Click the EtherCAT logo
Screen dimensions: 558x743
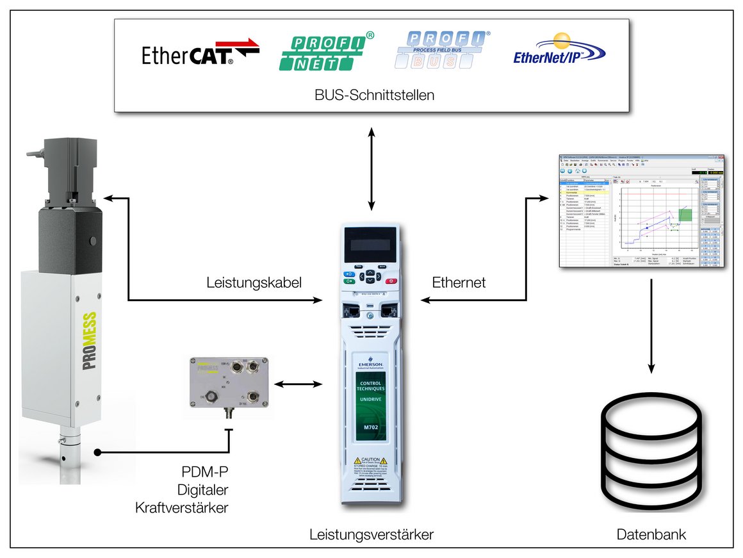coord(200,54)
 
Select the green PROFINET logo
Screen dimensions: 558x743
coord(325,53)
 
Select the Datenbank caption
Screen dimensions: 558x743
coord(651,534)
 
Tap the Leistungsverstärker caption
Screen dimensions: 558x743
coord(371,534)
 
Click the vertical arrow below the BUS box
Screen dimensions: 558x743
coord(371,168)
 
